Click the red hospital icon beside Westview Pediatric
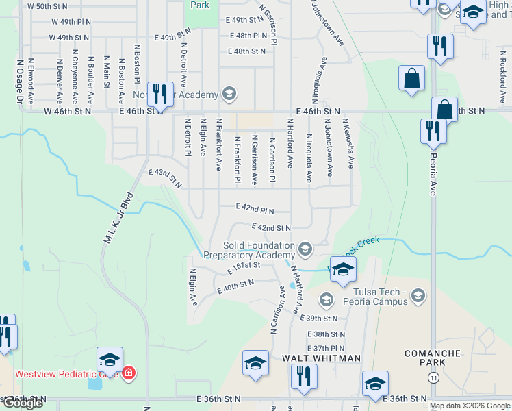point(129,373)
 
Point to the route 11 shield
point(433,377)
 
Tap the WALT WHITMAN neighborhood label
point(321,358)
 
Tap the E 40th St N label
point(235,286)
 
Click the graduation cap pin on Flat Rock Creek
point(343,270)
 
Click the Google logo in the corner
point(22,403)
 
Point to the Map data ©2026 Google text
point(470,406)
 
